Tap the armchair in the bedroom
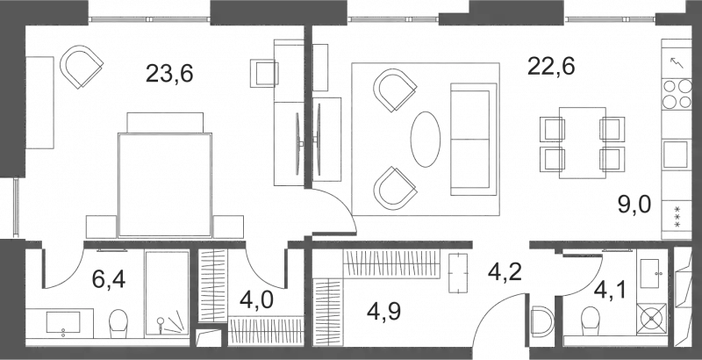coord(82,67)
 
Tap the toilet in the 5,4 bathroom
coord(117,322)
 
